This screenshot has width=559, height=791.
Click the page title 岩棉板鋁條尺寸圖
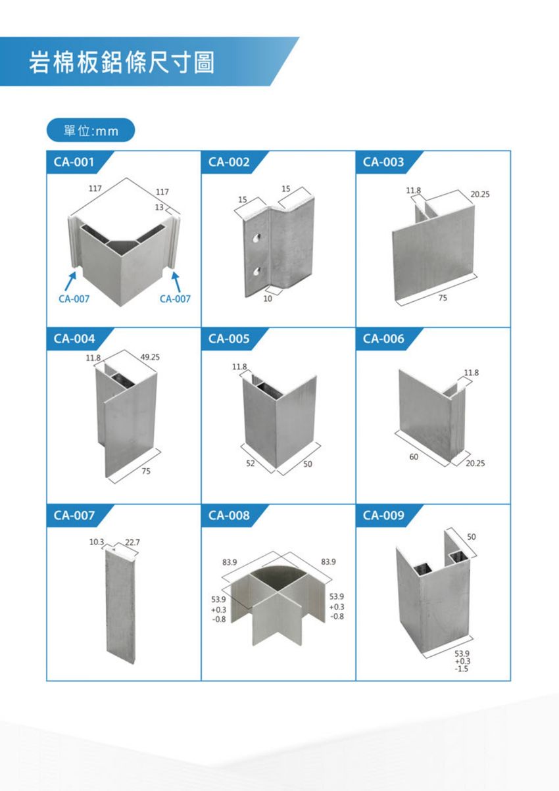(122, 62)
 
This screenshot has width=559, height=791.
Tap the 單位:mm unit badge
(91, 130)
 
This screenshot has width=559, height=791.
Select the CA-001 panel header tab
(80, 162)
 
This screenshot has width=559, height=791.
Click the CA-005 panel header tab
(235, 339)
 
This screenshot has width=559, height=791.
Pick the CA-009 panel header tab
(389, 515)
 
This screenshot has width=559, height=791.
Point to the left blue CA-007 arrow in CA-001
(70, 281)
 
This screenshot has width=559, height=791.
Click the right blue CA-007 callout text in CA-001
(175, 299)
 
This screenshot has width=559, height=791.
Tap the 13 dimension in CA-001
(159, 207)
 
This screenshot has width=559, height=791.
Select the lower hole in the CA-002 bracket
(256, 271)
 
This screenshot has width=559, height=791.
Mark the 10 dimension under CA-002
(268, 299)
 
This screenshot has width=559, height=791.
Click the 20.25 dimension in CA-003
(480, 194)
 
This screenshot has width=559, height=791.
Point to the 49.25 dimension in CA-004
(150, 357)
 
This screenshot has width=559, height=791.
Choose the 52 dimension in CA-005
(251, 464)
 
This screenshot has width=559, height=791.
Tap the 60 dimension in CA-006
(414, 456)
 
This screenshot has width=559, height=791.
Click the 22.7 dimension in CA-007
(132, 542)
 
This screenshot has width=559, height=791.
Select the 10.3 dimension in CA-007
(97, 542)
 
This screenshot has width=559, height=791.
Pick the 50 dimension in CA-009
(472, 537)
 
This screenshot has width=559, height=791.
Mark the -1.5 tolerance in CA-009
(462, 669)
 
